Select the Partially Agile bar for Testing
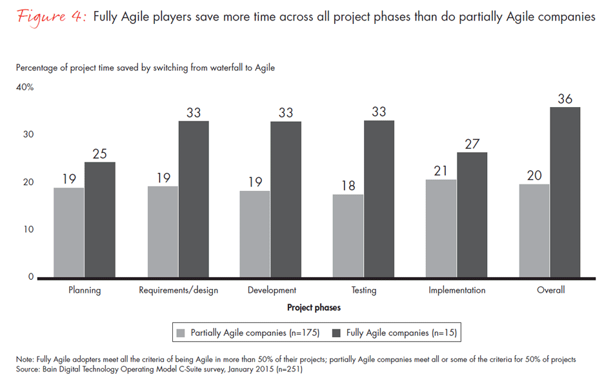point(348,236)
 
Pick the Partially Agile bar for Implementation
point(441,228)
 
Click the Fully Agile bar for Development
point(286,199)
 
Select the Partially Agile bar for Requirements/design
point(163,231)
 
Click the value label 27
point(472,143)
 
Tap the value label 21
point(441,170)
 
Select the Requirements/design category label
point(178,290)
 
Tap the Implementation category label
point(457,290)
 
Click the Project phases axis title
point(314,308)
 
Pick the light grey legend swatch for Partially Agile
point(181,333)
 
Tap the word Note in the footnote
point(26,359)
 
